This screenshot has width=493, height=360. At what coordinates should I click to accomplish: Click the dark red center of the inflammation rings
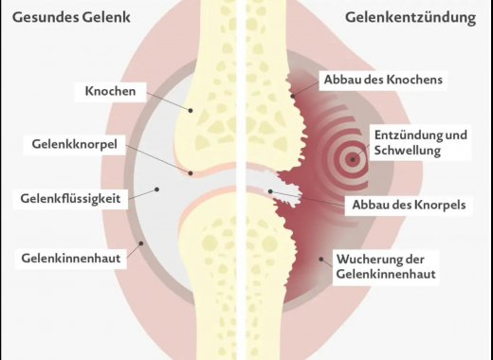point(353,159)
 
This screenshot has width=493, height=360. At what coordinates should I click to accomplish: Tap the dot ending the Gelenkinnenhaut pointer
point(140,243)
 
